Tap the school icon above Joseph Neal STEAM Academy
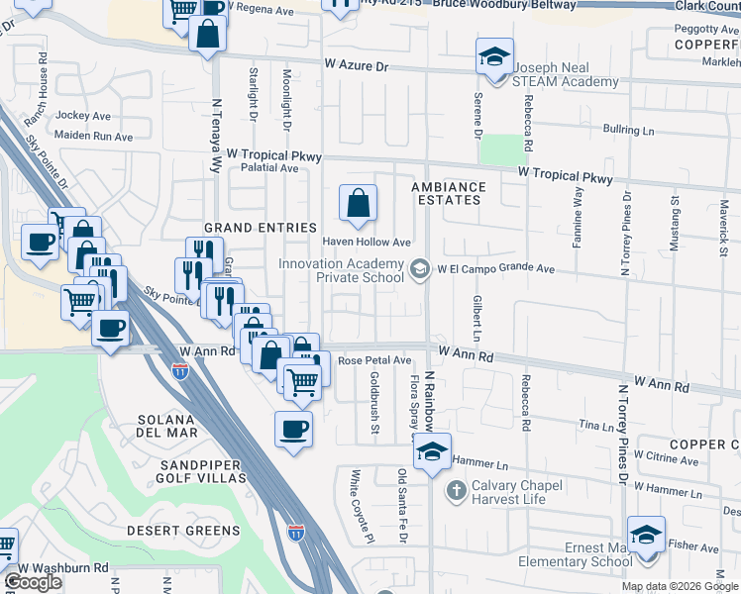click(x=493, y=56)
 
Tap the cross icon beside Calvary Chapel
click(x=456, y=489)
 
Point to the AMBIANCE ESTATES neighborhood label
click(x=449, y=193)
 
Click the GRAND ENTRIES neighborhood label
click(x=260, y=228)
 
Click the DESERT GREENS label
click(x=183, y=531)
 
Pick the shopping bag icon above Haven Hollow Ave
click(x=358, y=203)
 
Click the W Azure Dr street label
click(x=359, y=64)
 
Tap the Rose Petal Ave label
click(x=374, y=361)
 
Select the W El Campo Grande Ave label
click(x=497, y=268)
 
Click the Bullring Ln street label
click(x=629, y=130)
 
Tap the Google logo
click(x=33, y=582)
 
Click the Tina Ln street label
click(x=596, y=425)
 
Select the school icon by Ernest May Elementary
click(x=646, y=535)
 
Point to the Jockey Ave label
click(x=83, y=116)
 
